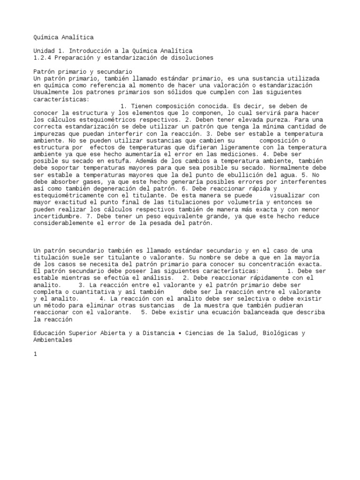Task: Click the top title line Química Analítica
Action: pyautogui.click(x=64, y=37)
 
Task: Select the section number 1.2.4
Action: pyautogui.click(x=43, y=58)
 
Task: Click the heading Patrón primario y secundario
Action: pyautogui.click(x=80, y=71)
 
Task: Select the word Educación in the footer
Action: pyautogui.click(x=50, y=333)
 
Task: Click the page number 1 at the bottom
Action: pyautogui.click(x=35, y=354)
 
